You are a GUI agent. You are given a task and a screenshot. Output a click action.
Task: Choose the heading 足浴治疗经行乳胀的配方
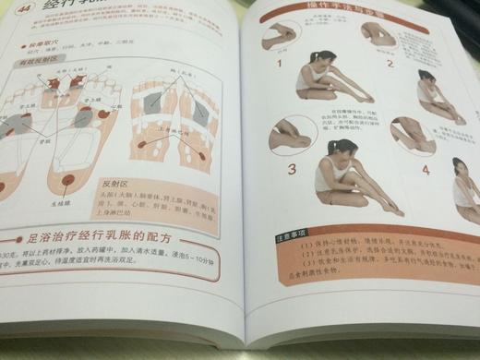click(x=112, y=232)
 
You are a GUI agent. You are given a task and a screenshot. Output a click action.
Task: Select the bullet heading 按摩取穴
click(x=34, y=43)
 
